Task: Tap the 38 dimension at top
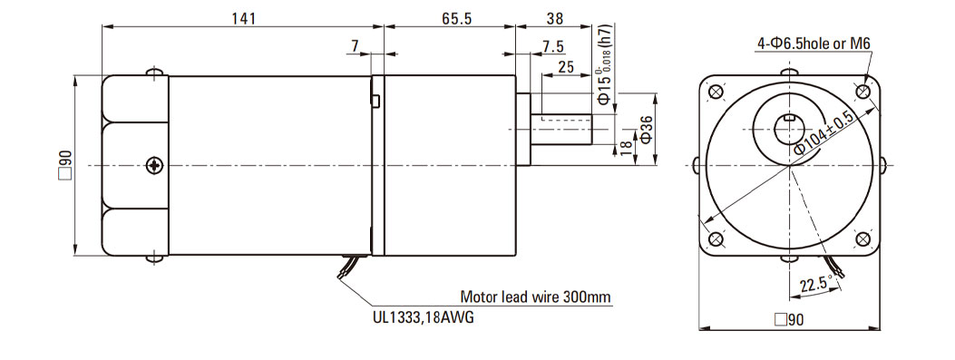(555, 18)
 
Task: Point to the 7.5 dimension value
(551, 47)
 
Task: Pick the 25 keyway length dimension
(566, 67)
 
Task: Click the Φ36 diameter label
(646, 129)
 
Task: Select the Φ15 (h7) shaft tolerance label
(604, 69)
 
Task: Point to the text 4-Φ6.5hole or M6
(814, 44)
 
